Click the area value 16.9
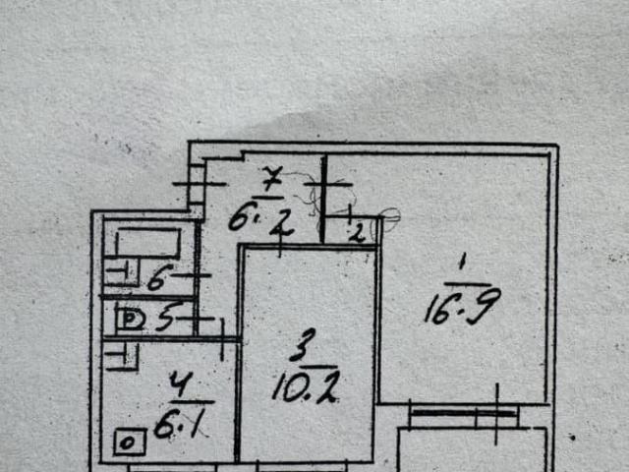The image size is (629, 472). click(463, 307)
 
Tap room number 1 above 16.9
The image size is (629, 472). click(462, 264)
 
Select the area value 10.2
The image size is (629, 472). click(306, 386)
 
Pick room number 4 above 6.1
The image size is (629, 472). click(181, 384)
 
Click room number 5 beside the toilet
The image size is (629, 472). click(165, 316)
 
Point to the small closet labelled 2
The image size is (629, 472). click(356, 233)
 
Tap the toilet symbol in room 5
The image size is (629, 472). click(130, 320)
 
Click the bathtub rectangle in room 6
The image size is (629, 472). click(148, 242)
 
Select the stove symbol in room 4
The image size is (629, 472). click(130, 442)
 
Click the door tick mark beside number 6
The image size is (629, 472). click(193, 275)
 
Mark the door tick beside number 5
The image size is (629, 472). click(196, 319)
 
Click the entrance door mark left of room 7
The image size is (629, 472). click(200, 184)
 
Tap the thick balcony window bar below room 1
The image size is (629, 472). click(464, 413)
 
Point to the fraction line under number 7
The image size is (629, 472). click(269, 198)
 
